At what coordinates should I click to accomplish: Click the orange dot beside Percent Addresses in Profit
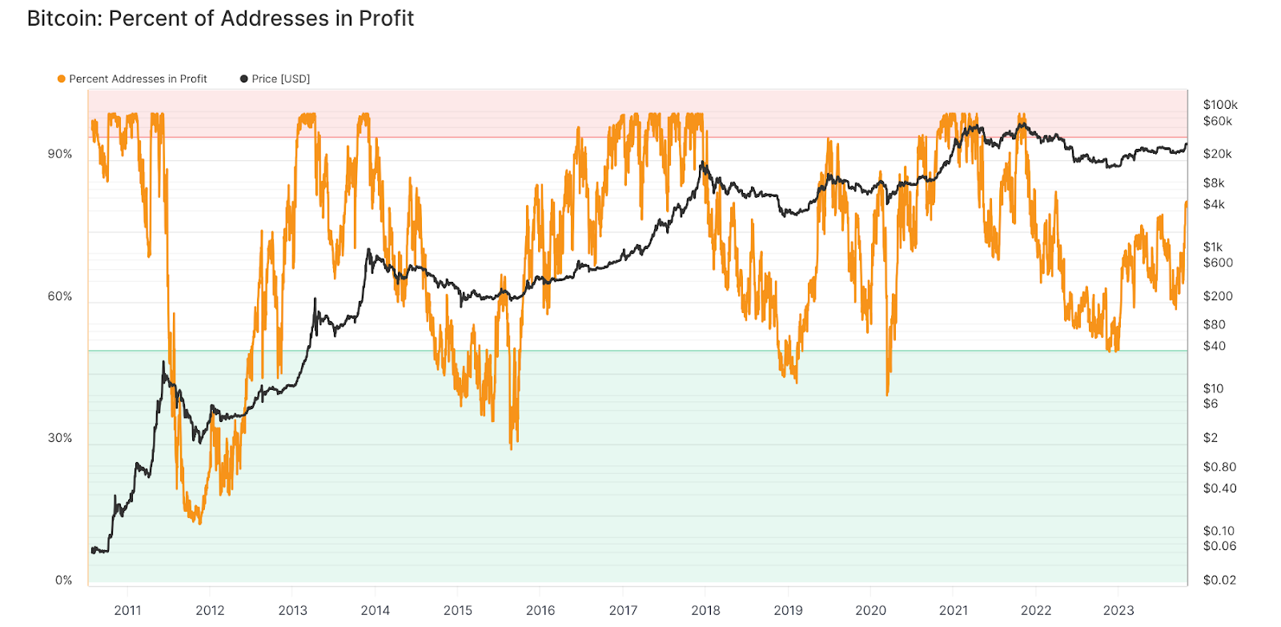(61, 78)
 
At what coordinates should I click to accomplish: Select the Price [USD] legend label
(280, 78)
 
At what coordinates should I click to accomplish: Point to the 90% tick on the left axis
(60, 154)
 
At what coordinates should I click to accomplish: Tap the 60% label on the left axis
(60, 296)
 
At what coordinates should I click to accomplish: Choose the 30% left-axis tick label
(60, 438)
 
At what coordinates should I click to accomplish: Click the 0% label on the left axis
(63, 580)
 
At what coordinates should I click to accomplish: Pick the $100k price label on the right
(1220, 105)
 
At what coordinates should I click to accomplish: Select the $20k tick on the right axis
(1217, 154)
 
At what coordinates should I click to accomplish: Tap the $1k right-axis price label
(1214, 247)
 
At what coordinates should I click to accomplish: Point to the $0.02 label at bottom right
(1219, 580)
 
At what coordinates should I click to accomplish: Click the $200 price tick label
(1218, 296)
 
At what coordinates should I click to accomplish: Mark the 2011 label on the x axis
(127, 610)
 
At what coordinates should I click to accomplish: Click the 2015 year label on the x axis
(458, 610)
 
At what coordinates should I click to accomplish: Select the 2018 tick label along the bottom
(705, 610)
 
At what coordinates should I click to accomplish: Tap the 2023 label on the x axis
(1118, 610)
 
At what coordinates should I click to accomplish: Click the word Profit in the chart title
(386, 18)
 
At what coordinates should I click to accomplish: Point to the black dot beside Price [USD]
(244, 78)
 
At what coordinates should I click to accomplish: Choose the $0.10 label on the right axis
(1219, 531)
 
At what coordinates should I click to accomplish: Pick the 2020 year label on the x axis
(871, 610)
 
